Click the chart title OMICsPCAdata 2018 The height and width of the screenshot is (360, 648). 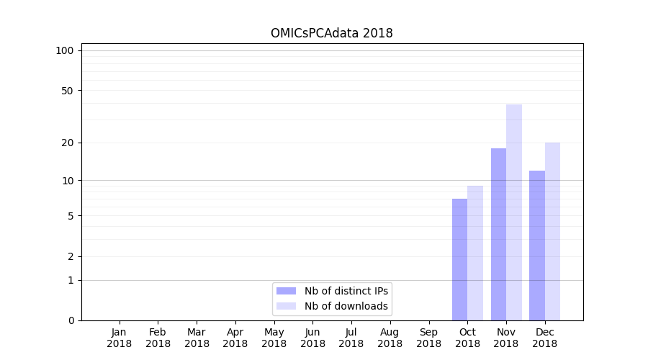[x=331, y=33]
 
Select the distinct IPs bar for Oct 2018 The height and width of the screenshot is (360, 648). [x=459, y=259]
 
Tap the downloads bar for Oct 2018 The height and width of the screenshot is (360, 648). [x=475, y=253]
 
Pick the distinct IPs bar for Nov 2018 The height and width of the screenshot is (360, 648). [x=498, y=234]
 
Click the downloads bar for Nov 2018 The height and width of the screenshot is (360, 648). [x=514, y=212]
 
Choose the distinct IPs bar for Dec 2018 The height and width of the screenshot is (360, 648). [x=537, y=246]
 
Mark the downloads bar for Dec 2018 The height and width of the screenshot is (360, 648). [x=552, y=231]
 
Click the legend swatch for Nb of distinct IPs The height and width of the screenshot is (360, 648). [x=286, y=291]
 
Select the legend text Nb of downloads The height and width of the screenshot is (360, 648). [x=346, y=306]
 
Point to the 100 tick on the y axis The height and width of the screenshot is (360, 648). [x=65, y=50]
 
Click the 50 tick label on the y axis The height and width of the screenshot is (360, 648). [x=68, y=91]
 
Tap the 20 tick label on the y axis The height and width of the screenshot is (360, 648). [x=68, y=143]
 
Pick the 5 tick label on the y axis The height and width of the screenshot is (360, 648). [x=71, y=216]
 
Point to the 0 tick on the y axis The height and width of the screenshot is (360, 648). [x=71, y=320]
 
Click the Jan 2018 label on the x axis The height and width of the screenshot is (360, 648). [x=120, y=338]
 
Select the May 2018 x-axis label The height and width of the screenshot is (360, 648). [x=274, y=338]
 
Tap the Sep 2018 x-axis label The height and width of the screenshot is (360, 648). [x=428, y=338]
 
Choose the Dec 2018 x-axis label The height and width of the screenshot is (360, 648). [x=545, y=338]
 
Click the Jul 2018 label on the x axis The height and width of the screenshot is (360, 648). [x=351, y=338]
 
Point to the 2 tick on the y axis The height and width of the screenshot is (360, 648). [x=71, y=256]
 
